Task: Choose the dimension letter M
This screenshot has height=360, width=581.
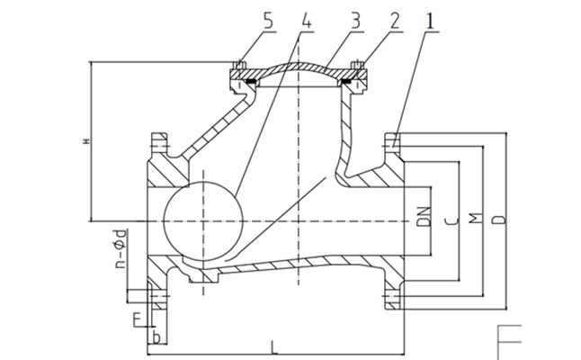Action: tap(477, 219)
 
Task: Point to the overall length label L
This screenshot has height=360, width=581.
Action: tap(273, 344)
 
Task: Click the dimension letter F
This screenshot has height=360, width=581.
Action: tap(135, 317)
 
